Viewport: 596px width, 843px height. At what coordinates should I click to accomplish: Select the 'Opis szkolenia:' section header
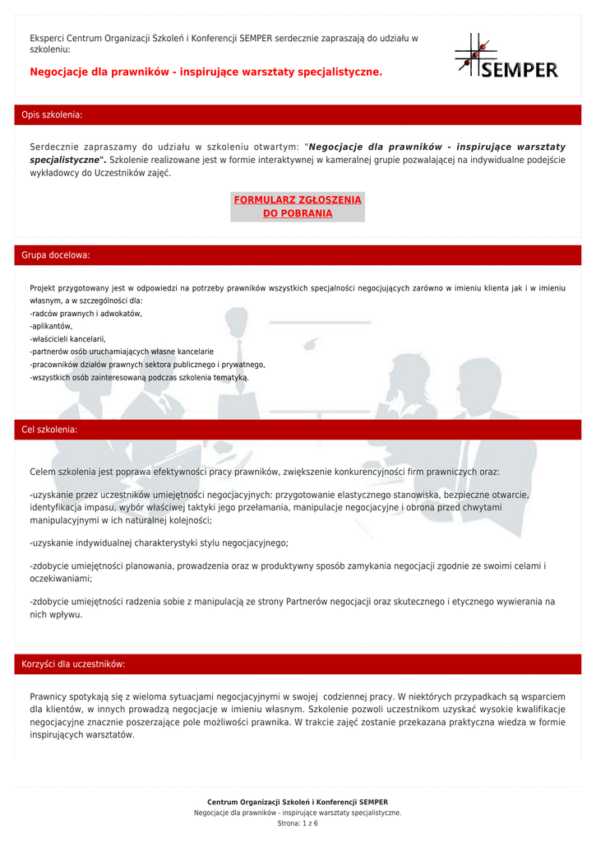pos(52,115)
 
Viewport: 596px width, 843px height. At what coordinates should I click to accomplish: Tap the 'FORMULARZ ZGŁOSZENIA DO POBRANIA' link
pos(298,207)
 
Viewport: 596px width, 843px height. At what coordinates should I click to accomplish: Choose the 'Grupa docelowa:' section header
pos(56,255)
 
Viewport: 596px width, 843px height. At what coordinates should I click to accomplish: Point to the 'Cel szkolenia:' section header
pos(49,430)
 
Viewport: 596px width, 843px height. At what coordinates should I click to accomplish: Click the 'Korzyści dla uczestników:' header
pos(73,664)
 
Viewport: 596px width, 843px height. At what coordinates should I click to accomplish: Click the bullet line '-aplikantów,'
pos(51,326)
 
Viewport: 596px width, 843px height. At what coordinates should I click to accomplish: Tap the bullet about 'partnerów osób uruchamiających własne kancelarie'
pos(122,352)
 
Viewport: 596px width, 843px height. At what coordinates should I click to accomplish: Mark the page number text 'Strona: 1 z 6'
pos(298,823)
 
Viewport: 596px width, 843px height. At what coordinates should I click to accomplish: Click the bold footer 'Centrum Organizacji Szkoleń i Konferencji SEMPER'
pos(298,802)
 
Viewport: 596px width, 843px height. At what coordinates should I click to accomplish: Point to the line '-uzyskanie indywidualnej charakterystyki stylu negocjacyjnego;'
pos(159,543)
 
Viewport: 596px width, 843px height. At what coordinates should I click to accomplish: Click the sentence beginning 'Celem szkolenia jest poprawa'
pos(264,473)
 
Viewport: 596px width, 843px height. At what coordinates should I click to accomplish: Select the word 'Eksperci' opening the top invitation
pos(47,38)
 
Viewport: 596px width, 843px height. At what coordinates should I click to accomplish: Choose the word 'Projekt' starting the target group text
pos(44,288)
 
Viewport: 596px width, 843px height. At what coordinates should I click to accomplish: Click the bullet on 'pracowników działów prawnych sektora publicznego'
pos(147,364)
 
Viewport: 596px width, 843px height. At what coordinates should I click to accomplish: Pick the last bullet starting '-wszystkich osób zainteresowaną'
pos(139,377)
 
